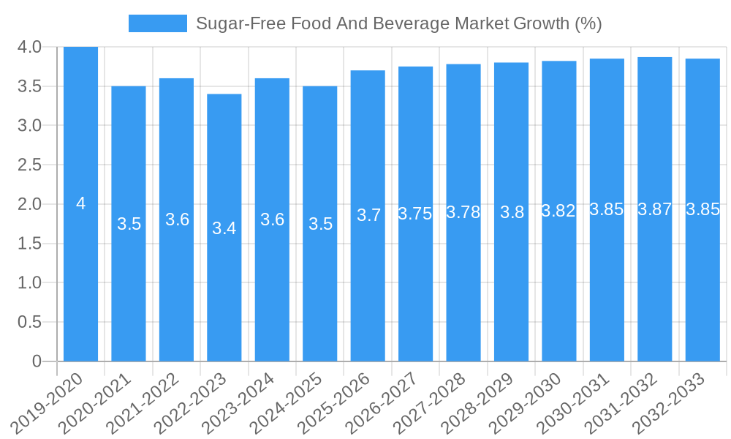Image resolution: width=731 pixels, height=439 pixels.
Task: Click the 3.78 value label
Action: pos(463,212)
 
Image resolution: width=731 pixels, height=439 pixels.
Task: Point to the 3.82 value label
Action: pos(558,211)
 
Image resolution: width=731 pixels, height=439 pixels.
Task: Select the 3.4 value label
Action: pos(224,228)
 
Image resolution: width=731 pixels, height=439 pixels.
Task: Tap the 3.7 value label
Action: pos(368,215)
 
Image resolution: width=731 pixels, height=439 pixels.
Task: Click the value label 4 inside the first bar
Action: pos(80,204)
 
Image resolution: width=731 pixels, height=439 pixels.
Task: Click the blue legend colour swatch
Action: pos(157,23)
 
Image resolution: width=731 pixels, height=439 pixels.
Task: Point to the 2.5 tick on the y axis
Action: pos(30,165)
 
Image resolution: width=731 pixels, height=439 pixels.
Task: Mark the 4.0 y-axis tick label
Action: pos(30,48)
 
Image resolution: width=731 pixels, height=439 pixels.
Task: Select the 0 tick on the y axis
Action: pos(37,361)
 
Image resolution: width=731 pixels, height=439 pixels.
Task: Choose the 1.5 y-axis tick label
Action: pos(30,244)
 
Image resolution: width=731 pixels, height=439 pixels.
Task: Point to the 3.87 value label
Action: pos(654,209)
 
